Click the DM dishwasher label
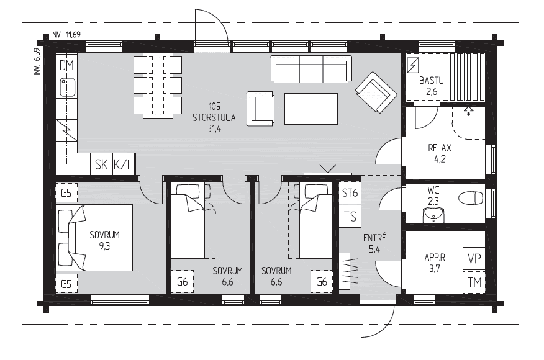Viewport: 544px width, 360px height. (x=66, y=65)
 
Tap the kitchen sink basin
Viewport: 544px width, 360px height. (x=68, y=87)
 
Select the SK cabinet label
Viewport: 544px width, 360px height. (x=101, y=164)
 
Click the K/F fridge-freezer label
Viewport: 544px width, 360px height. (x=123, y=164)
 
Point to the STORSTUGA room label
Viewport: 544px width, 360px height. (x=214, y=117)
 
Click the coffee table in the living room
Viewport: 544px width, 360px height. (x=311, y=109)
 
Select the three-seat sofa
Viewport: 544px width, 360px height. (x=311, y=69)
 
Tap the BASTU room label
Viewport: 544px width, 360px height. (x=431, y=81)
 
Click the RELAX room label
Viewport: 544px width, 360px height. (x=440, y=148)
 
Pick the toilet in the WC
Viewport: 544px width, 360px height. (x=471, y=199)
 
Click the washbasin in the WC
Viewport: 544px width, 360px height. (x=433, y=215)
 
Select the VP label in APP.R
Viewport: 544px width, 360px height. (x=474, y=259)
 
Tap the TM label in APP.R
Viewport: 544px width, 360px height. (x=474, y=282)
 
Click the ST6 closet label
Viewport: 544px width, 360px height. (x=350, y=193)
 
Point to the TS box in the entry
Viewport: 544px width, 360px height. (x=350, y=217)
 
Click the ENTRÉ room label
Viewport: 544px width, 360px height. (x=374, y=238)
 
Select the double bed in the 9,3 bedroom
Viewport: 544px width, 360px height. (x=94, y=238)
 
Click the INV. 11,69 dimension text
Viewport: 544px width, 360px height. (x=66, y=34)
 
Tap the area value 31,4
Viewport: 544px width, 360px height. (x=214, y=128)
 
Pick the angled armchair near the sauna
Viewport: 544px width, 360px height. (x=376, y=92)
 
